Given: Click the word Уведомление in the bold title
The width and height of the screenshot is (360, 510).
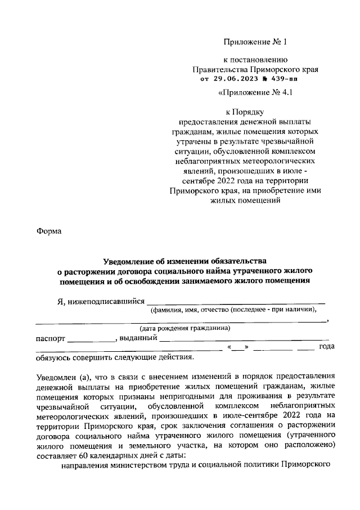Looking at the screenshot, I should click(129, 261).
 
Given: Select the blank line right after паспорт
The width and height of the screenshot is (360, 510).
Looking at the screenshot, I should click(91, 341).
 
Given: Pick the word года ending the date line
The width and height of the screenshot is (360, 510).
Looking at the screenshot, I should click(327, 347).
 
